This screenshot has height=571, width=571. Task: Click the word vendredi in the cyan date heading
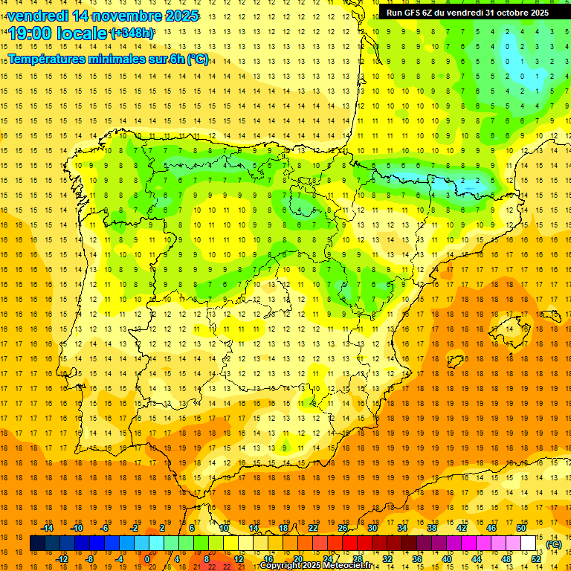[x=38, y=16]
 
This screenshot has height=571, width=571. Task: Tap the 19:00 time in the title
[x=33, y=33]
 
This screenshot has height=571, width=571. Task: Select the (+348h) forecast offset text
[x=132, y=33]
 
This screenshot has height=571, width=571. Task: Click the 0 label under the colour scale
[x=147, y=558]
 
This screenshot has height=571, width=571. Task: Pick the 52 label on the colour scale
[x=536, y=558]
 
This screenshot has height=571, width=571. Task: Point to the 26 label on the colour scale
[x=343, y=528]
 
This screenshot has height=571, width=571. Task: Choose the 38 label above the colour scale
[x=431, y=528]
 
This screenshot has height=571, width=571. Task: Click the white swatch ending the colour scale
[x=529, y=543]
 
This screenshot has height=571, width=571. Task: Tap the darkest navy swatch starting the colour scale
[x=37, y=543]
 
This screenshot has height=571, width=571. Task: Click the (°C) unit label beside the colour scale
[x=554, y=543]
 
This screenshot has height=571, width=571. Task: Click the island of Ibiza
[x=454, y=361]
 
